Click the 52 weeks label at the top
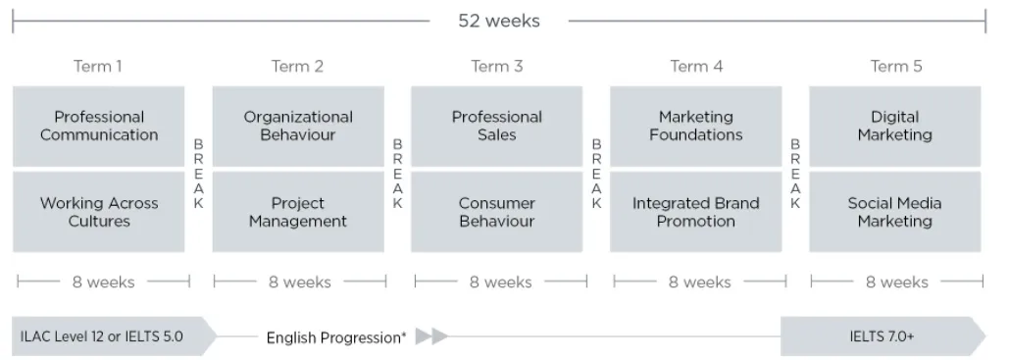click(x=499, y=21)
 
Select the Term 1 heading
click(x=98, y=67)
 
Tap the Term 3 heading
click(x=497, y=67)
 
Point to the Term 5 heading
click(x=896, y=67)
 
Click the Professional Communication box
click(x=98, y=127)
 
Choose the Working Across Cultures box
click(x=98, y=212)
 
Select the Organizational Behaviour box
click(x=298, y=127)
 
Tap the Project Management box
click(x=298, y=212)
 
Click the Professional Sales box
click(x=497, y=127)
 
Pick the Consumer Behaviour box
click(x=497, y=212)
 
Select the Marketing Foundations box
click(x=695, y=127)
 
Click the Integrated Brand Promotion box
click(x=695, y=212)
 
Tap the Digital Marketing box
click(x=895, y=127)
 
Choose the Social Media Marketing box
click(x=895, y=212)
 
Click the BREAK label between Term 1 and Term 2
click(x=198, y=174)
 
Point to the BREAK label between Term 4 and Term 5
click(x=795, y=174)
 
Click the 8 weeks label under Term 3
click(x=501, y=283)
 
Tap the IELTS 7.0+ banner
click(x=883, y=336)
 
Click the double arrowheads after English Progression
click(x=431, y=336)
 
